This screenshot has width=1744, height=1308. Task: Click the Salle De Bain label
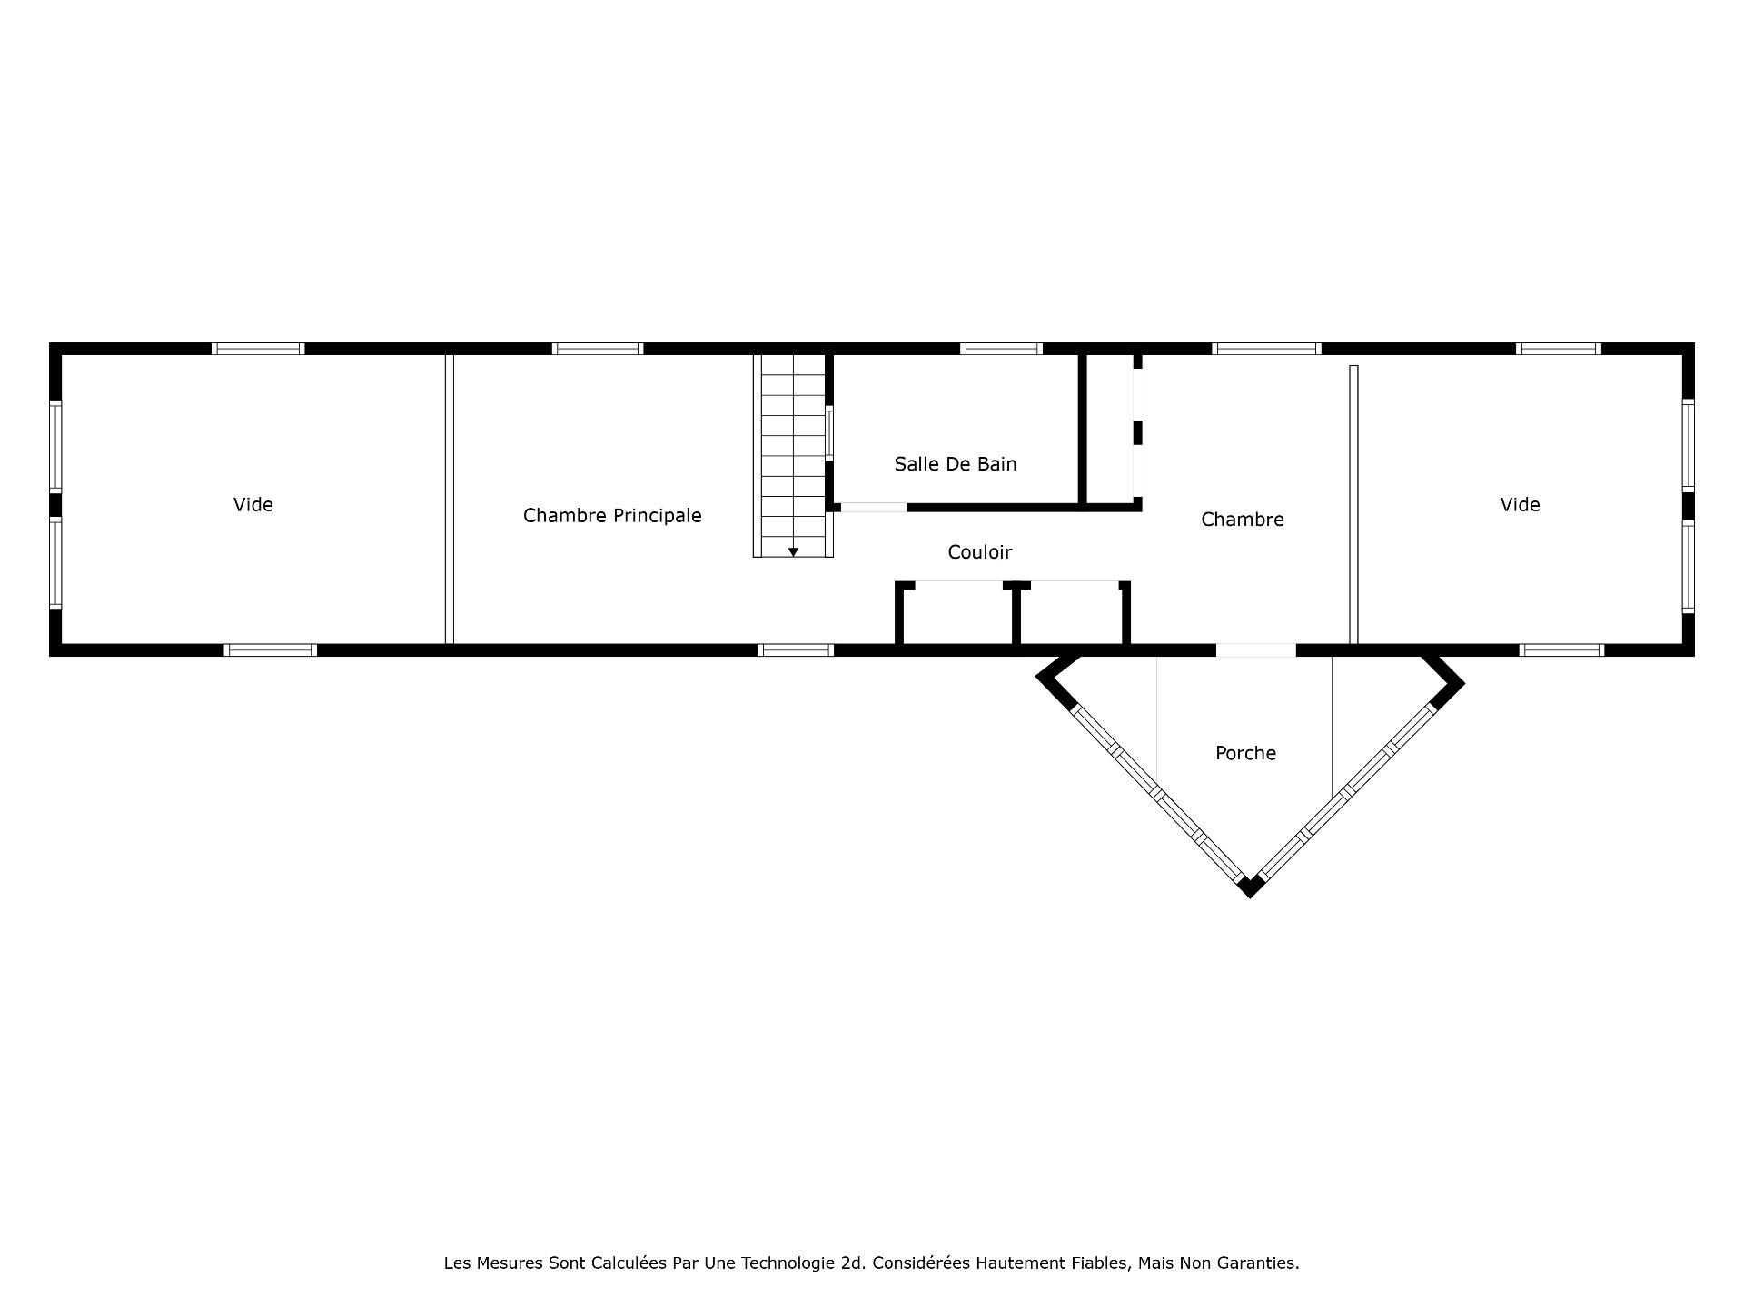point(956,464)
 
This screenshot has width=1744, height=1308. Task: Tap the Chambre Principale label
point(612,516)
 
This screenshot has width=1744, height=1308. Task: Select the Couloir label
point(979,552)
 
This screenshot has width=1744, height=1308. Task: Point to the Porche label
point(1245,753)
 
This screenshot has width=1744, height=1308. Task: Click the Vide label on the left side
point(253,505)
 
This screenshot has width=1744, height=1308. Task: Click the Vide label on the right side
point(1520,505)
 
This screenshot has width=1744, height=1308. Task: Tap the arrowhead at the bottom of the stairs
point(793,551)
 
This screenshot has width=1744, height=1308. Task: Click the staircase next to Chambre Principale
point(793,455)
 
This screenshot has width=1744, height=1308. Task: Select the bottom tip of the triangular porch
point(1250,897)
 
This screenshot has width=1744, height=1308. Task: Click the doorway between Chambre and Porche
point(1255,650)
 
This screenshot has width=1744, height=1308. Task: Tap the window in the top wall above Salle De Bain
point(1001,349)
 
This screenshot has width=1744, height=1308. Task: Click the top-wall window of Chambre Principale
point(597,349)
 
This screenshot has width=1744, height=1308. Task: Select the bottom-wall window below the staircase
point(796,650)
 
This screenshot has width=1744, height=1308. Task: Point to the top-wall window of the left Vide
point(258,349)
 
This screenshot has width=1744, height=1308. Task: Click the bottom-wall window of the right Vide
point(1562,650)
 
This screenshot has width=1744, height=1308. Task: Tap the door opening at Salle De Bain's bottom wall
point(873,507)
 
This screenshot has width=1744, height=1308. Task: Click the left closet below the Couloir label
point(957,614)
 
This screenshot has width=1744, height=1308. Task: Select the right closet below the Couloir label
point(1071,614)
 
